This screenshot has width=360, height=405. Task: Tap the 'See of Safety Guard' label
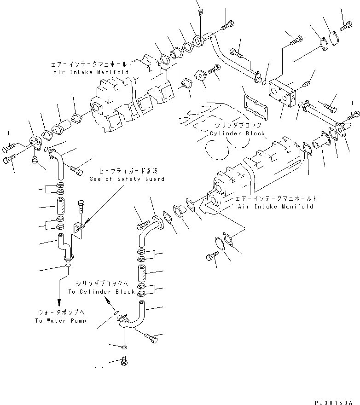coord(127,179)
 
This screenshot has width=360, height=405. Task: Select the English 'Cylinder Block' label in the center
coord(237,133)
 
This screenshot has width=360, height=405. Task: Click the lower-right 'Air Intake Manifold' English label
coord(276,207)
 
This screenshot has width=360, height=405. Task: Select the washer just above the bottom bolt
coord(125,346)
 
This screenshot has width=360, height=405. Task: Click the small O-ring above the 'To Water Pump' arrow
coord(68,266)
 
